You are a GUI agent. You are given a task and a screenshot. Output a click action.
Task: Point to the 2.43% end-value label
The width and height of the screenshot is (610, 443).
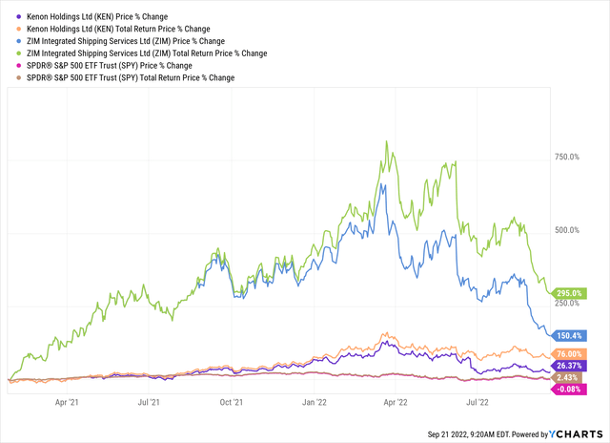(569, 378)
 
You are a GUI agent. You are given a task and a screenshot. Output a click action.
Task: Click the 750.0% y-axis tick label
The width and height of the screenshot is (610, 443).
(571, 158)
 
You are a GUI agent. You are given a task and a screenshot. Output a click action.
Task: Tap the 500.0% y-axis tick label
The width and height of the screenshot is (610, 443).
(571, 230)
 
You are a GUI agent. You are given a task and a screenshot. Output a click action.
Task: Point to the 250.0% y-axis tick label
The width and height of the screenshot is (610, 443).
(571, 304)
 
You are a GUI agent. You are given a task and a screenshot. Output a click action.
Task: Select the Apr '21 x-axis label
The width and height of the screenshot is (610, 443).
(70, 404)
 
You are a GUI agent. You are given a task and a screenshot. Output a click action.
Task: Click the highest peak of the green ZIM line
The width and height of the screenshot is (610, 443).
(386, 142)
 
